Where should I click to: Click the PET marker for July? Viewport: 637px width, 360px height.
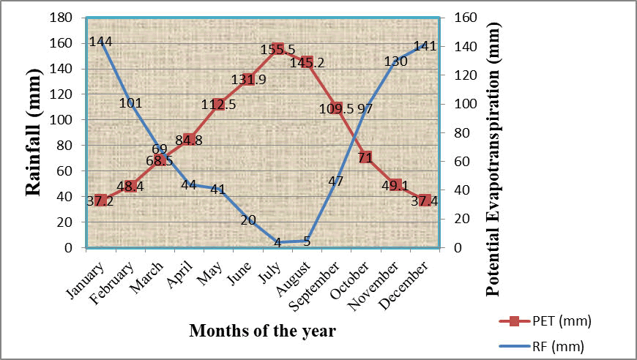pyautogui.click(x=277, y=48)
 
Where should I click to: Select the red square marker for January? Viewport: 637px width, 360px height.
pyautogui.click(x=101, y=200)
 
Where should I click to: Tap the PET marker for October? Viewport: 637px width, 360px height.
pyautogui.click(x=365, y=157)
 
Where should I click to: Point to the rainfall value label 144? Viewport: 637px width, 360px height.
pyautogui.click(x=100, y=42)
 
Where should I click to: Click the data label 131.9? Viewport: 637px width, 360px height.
pyautogui.click(x=247, y=80)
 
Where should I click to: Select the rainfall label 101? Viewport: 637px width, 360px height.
pyautogui.click(x=130, y=102)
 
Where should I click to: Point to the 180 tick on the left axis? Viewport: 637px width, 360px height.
pyautogui.click(x=62, y=18)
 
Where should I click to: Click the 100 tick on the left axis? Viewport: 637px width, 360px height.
pyautogui.click(x=62, y=120)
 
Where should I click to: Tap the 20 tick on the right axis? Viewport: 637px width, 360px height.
pyautogui.click(x=461, y=219)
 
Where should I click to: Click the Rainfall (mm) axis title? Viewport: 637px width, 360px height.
pyautogui.click(x=32, y=133)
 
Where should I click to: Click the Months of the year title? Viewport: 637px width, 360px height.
pyautogui.click(x=263, y=331)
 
